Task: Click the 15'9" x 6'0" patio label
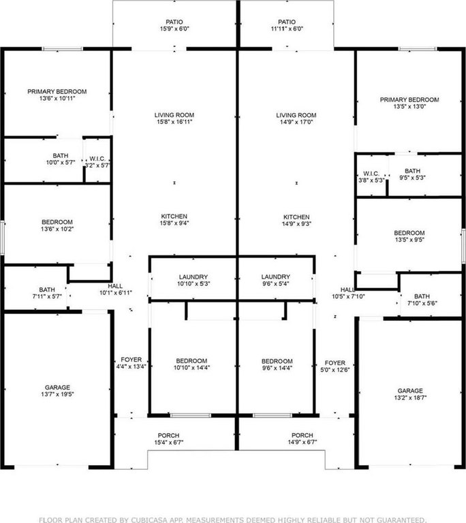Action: (x=174, y=25)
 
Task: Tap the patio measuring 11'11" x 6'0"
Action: (x=287, y=25)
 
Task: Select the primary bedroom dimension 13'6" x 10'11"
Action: (x=57, y=95)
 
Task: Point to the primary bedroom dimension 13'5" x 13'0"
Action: (x=409, y=103)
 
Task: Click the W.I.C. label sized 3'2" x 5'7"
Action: (x=97, y=162)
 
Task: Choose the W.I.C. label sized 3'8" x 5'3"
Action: (x=371, y=177)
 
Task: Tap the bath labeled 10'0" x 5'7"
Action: (x=61, y=159)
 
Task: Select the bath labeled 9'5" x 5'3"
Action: (x=413, y=174)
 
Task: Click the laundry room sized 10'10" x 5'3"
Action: (x=193, y=280)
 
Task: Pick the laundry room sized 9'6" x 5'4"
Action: (x=276, y=280)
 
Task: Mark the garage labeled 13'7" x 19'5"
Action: (x=57, y=391)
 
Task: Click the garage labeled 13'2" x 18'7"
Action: (x=410, y=394)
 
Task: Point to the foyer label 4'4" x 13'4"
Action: (x=131, y=363)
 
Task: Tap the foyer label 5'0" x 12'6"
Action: (x=335, y=366)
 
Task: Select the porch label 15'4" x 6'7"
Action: (x=168, y=439)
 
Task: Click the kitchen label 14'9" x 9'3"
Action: (x=296, y=221)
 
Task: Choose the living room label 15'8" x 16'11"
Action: (x=174, y=118)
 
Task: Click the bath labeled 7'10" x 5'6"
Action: (x=422, y=300)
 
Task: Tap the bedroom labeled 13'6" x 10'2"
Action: (x=57, y=225)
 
